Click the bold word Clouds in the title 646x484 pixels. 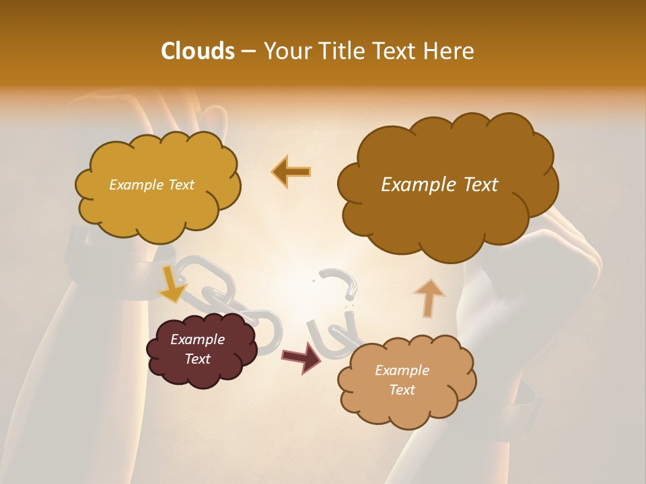click(196, 51)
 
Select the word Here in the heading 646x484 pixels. click(450, 51)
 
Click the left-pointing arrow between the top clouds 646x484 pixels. click(291, 172)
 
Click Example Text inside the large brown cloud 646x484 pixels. click(439, 185)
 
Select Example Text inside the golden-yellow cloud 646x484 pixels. click(151, 185)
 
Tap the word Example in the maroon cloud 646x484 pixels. click(197, 339)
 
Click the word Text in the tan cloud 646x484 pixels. click(402, 390)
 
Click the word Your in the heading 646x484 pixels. click(283, 51)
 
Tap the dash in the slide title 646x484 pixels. click(248, 51)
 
